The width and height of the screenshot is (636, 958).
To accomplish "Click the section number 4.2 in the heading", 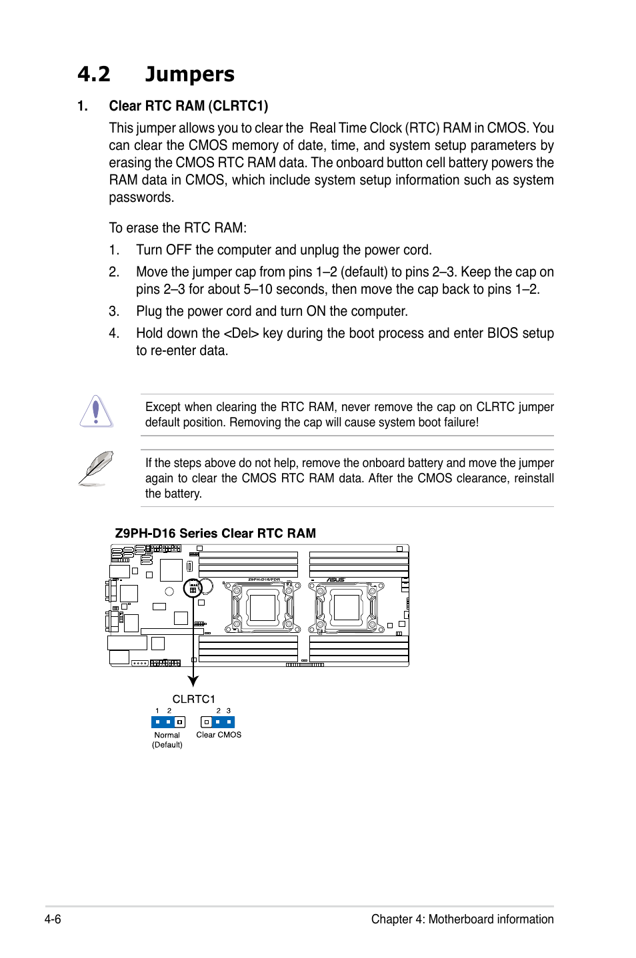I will [x=93, y=74].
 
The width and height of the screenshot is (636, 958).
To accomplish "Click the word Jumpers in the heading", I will [x=189, y=74].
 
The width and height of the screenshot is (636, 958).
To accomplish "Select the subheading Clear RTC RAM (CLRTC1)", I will [x=188, y=106].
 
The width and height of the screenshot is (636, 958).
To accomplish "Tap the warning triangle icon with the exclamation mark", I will [x=96, y=411].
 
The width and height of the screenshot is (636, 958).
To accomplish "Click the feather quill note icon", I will [x=95, y=468].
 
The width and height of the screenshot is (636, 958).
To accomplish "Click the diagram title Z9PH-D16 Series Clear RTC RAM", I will [x=215, y=533].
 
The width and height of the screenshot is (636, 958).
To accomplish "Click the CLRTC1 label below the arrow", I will [x=193, y=699].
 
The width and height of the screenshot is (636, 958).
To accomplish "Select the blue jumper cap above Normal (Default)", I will [x=163, y=722].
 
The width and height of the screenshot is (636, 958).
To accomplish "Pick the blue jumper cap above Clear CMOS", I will [x=223, y=722].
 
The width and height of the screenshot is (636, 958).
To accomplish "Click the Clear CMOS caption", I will [x=219, y=735].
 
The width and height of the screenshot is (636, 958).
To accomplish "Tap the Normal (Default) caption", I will [x=167, y=739].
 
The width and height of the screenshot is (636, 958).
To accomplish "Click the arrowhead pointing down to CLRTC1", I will [x=193, y=681].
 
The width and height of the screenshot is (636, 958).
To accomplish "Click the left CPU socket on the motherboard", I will [x=263, y=607].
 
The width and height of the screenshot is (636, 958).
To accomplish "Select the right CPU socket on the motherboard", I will [x=347, y=607].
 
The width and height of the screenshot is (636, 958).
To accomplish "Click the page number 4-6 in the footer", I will [x=53, y=919].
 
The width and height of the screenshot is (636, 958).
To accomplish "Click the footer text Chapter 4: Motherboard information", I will [x=462, y=919].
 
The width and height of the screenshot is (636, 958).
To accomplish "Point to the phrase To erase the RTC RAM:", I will [x=177, y=228].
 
